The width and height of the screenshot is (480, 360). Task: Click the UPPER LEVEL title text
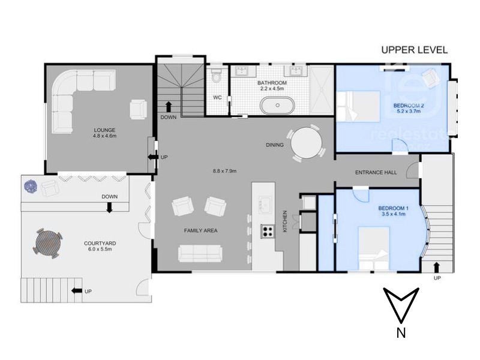(x=414, y=50)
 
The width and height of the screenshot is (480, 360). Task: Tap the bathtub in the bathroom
(x=277, y=106)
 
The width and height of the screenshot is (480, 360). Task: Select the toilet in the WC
(x=217, y=76)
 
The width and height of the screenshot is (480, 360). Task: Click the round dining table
(x=306, y=143)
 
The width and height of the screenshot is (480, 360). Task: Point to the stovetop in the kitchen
(x=268, y=231)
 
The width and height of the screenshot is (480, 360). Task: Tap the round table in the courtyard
(x=48, y=243)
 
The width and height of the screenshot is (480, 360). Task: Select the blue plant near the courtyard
(x=31, y=187)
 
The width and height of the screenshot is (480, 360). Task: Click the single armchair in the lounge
(x=139, y=109)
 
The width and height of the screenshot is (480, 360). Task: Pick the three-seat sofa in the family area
(x=200, y=253)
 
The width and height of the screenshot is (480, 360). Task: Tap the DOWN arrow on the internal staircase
(x=169, y=107)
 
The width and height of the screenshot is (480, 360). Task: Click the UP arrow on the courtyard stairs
(x=77, y=291)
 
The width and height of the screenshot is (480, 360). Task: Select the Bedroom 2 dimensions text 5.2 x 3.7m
(x=409, y=111)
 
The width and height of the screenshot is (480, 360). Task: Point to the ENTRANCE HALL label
(x=376, y=173)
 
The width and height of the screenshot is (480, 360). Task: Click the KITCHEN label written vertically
(x=285, y=221)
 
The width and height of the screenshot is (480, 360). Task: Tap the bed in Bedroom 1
(x=374, y=248)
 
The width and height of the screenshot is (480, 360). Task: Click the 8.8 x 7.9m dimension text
(x=224, y=171)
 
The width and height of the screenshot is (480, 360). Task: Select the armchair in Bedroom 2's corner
(x=431, y=76)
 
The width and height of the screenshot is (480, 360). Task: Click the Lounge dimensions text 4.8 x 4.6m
(x=104, y=136)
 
